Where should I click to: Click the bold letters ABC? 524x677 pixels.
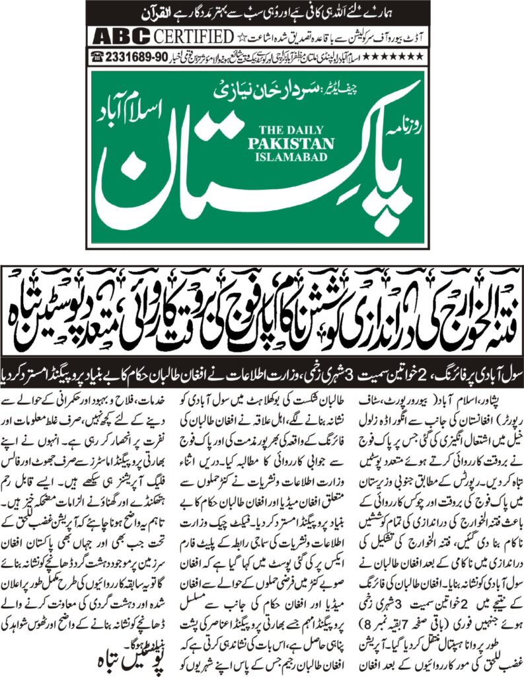pos(121,36)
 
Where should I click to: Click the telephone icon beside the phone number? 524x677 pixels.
pos(99,58)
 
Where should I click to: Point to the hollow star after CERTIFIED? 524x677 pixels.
pos(225,36)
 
